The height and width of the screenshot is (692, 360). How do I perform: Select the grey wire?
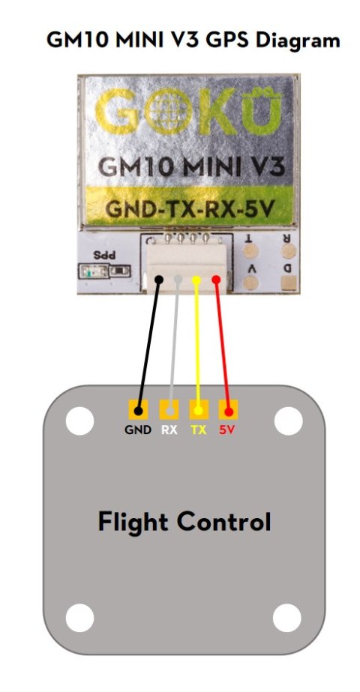[173, 345]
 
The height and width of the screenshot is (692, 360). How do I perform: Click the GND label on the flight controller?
[137, 430]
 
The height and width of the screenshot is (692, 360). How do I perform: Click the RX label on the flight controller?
[169, 430]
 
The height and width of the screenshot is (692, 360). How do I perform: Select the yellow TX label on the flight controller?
[199, 430]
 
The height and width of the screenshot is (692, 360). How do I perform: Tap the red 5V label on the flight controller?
[228, 430]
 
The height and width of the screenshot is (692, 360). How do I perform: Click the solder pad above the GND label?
[137, 410]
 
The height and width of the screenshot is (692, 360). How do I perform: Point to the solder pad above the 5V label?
[228, 410]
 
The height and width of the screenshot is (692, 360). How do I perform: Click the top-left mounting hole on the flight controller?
[79, 422]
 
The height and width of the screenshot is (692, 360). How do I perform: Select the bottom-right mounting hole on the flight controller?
[287, 619]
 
